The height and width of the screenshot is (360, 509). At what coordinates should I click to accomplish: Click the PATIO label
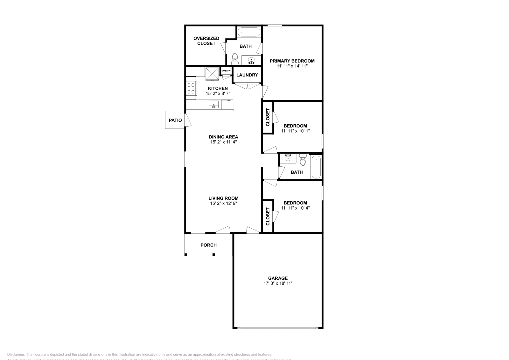[x=175, y=120]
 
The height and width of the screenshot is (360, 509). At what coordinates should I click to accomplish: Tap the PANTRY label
[x=227, y=71]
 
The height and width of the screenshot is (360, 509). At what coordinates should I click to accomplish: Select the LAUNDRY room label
[x=247, y=75]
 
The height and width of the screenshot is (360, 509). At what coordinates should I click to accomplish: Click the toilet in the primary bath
[x=235, y=59]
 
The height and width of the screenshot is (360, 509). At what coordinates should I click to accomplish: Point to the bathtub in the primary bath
[x=249, y=32]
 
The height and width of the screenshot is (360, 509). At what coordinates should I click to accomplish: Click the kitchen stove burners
[x=191, y=88]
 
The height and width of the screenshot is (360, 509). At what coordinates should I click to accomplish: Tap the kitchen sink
[x=214, y=105]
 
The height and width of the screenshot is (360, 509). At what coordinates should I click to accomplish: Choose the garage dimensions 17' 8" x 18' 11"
[x=278, y=283]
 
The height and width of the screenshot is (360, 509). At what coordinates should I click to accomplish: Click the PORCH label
[x=208, y=245]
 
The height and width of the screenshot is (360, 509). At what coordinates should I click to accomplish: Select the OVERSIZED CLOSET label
[x=206, y=41]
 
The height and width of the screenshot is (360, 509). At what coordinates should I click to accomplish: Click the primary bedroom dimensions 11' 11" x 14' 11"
[x=292, y=66]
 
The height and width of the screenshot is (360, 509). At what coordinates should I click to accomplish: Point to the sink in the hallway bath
[x=288, y=158]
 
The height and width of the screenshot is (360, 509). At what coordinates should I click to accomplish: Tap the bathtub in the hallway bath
[x=316, y=167]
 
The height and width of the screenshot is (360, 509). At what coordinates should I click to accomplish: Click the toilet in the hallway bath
[x=303, y=161]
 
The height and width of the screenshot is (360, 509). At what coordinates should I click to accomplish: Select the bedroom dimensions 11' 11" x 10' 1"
[x=295, y=131]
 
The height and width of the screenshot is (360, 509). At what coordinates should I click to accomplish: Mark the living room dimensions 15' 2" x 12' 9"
[x=223, y=203]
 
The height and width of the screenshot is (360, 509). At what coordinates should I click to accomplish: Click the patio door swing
[x=188, y=121]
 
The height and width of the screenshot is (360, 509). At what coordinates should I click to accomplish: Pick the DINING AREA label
[x=223, y=137]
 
